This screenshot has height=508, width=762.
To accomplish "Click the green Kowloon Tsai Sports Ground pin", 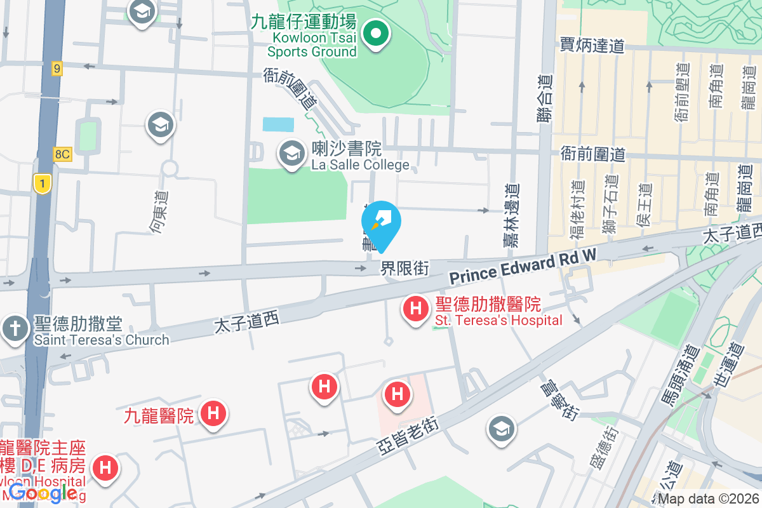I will click(376, 33).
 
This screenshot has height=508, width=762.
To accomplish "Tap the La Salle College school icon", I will click(292, 154).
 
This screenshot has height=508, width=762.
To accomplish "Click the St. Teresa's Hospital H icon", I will click(415, 310).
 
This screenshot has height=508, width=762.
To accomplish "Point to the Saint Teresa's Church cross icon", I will click(14, 329).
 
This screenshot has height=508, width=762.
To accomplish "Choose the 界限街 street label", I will click(404, 269).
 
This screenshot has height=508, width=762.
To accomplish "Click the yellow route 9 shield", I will click(57, 69).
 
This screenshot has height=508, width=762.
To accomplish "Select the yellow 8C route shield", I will click(62, 154).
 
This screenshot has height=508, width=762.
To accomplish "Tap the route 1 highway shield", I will click(42, 184).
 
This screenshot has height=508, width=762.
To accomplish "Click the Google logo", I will click(43, 492).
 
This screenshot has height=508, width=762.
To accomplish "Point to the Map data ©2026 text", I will click(707, 499).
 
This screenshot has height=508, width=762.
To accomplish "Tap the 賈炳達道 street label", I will click(592, 45).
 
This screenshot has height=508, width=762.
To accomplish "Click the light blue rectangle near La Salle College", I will click(279, 124).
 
